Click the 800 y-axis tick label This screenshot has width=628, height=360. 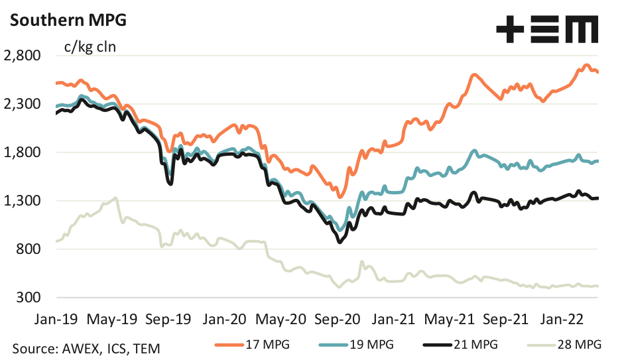tap(29, 249)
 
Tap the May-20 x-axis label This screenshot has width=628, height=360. tap(281, 318)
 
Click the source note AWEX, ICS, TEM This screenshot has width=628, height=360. tap(86, 347)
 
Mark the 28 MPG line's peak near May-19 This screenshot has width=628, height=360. tap(116, 198)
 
